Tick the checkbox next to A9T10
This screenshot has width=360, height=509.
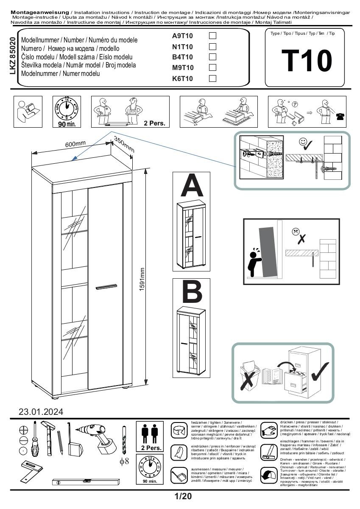[213, 36]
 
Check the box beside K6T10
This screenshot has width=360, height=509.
[213, 78]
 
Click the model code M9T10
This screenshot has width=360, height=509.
[183, 67]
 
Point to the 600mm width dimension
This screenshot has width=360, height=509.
[75, 144]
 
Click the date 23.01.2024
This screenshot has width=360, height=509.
[41, 411]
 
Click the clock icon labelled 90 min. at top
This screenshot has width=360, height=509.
[67, 109]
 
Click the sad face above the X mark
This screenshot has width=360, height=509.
[295, 232]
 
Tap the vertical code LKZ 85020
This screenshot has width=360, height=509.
[13, 56]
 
